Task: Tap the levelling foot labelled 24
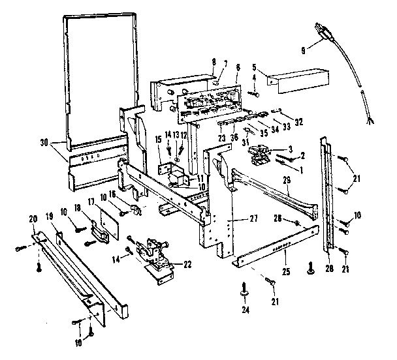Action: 246,286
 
